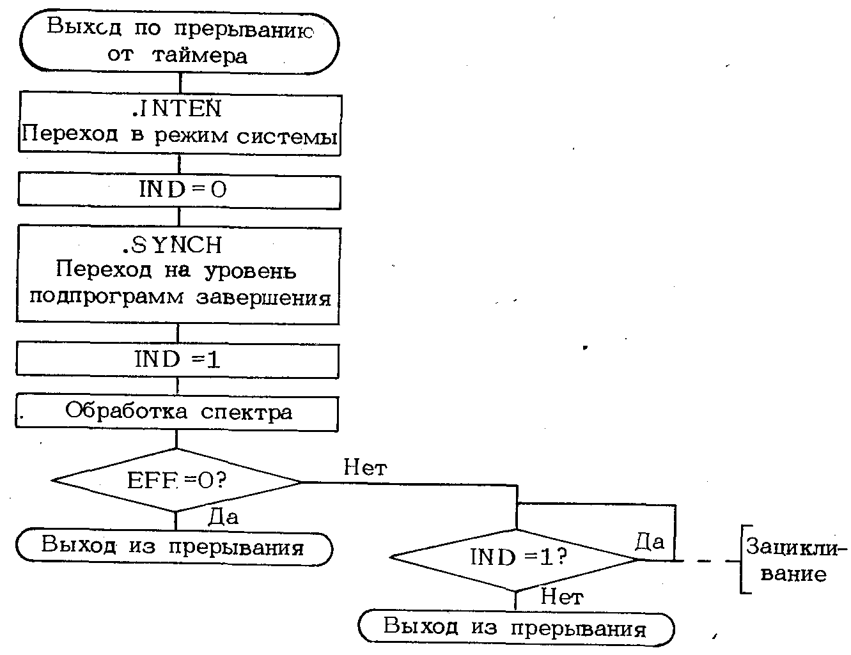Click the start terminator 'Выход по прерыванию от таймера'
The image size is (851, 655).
coord(179,42)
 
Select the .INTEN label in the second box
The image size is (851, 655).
coord(177,109)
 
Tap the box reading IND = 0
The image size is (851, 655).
coord(179,190)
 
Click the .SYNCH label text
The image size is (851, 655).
coord(173,245)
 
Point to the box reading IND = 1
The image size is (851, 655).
coord(177,360)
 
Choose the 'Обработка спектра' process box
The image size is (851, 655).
coord(177,413)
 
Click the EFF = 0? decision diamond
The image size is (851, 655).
coord(176,481)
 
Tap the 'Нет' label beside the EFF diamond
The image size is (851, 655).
coord(365,468)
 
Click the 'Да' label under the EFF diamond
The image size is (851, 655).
coord(223,517)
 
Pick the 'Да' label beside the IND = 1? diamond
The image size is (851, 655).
coord(650,543)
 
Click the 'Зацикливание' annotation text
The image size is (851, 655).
coord(795,560)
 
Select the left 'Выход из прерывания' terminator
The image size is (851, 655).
coord(174,548)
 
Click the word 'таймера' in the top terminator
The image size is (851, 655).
coord(199,56)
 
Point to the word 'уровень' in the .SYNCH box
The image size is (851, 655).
coord(250,271)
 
